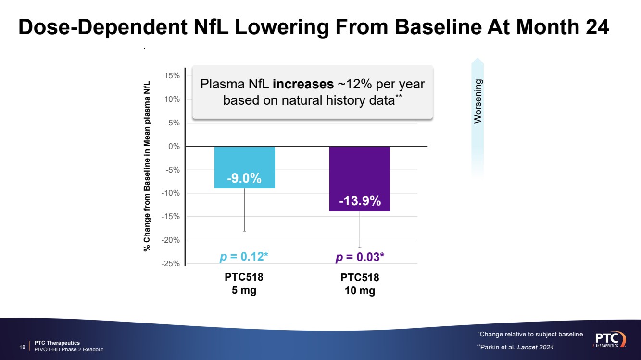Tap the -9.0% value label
tap(244, 179)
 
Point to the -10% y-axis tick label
tap(172, 193)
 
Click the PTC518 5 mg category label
tap(244, 284)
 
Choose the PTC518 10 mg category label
tap(360, 285)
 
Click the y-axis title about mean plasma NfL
tap(147, 166)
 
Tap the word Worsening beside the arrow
tap(478, 101)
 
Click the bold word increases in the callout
tap(303, 84)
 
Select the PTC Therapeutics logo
tap(610, 339)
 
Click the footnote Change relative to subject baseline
tap(530, 334)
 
